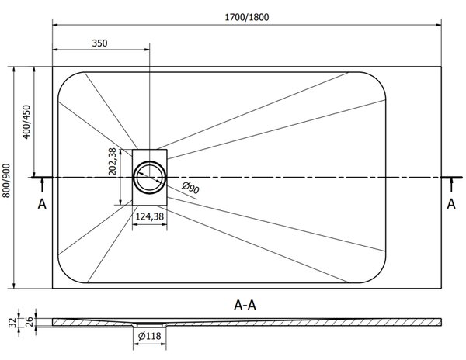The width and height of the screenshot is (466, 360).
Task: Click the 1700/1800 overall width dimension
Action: [x=247, y=17]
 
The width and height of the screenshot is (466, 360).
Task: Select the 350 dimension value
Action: [x=99, y=43]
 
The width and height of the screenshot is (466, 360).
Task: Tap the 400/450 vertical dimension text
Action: [x=26, y=122]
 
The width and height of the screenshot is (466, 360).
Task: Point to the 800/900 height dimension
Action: [x=6, y=181]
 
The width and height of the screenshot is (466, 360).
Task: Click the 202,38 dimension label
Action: [x=113, y=161]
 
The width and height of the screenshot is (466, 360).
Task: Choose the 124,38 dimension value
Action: [x=149, y=216]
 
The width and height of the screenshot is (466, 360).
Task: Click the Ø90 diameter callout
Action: [x=190, y=189]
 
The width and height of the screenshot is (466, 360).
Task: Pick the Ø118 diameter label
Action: [x=149, y=336]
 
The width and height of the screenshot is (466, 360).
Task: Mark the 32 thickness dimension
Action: [x=12, y=323]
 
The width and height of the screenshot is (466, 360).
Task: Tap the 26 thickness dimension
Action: [x=30, y=322]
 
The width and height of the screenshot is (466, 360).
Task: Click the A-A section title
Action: [x=245, y=305]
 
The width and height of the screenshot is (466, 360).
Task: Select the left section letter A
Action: [x=42, y=204]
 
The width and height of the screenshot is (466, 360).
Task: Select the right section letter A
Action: [x=451, y=204]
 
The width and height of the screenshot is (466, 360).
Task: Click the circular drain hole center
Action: [x=149, y=178]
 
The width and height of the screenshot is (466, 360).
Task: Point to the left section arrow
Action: [x=42, y=185]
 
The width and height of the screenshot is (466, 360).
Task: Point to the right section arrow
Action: [x=451, y=185]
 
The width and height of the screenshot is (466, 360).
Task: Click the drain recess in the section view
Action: [x=149, y=324]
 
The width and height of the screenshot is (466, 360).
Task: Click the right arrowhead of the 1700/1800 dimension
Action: [x=439, y=25]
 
